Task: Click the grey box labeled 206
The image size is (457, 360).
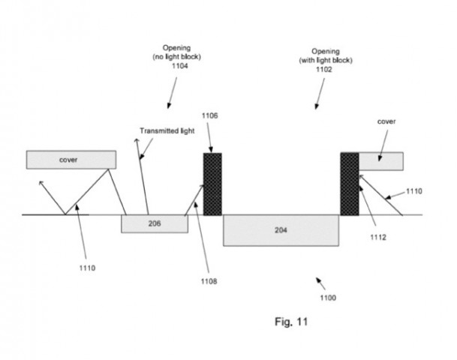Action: pyautogui.click(x=155, y=223)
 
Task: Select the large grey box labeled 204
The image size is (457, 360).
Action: pyautogui.click(x=281, y=230)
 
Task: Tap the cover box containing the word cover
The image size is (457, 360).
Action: pyautogui.click(x=71, y=160)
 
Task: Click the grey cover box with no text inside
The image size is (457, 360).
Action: pyautogui.click(x=380, y=160)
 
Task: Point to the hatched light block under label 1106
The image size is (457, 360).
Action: pyautogui.click(x=212, y=184)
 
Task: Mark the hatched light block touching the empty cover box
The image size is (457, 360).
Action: pyautogui.click(x=350, y=184)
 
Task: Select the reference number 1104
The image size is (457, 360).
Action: pyautogui.click(x=179, y=66)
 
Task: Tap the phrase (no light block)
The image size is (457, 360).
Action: pyautogui.click(x=179, y=56)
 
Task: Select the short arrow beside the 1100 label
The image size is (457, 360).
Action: pyautogui.click(x=321, y=285)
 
